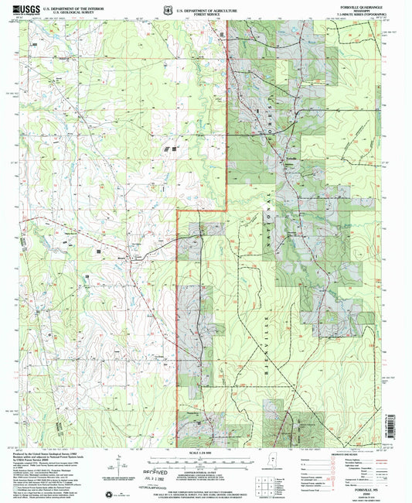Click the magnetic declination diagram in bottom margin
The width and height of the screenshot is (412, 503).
(118, 463)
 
